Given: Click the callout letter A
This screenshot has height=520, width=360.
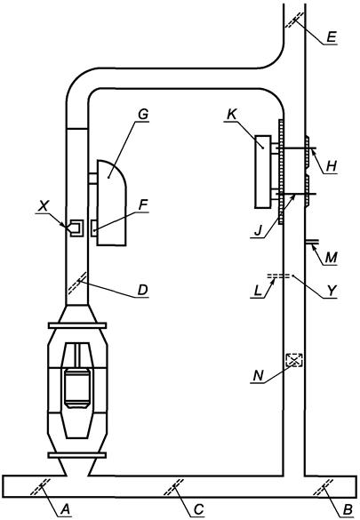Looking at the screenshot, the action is pyautogui.click(x=66, y=508).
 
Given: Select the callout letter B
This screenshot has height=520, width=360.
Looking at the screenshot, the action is pyautogui.click(x=348, y=509).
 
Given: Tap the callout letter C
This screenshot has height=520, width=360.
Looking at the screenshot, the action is pyautogui.click(x=198, y=509).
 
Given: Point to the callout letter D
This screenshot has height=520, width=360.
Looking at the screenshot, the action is pyautogui.click(x=142, y=290).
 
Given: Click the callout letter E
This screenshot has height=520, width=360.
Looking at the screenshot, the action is pyautogui.click(x=332, y=37).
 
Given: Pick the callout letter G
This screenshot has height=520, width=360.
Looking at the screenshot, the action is pyautogui.click(x=143, y=115).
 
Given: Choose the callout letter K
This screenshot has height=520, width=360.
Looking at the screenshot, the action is pyautogui.click(x=231, y=115).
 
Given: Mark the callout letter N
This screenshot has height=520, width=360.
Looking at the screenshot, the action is pyautogui.click(x=259, y=376).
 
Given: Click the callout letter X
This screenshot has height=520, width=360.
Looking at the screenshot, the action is pyautogui.click(x=42, y=206).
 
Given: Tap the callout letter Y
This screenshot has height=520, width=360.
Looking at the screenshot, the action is pyautogui.click(x=332, y=291).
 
